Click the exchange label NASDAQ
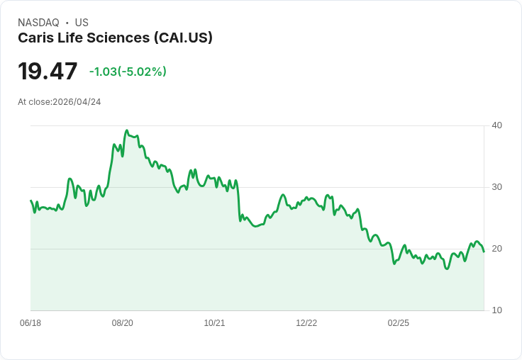[38, 23]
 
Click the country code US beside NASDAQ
[82, 23]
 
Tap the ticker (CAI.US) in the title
[183, 38]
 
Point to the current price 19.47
[48, 72]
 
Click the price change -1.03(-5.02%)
[128, 72]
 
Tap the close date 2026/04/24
[77, 102]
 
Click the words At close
[34, 102]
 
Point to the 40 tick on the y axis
[496, 125]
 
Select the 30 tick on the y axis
[496, 187]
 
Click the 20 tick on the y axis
[496, 249]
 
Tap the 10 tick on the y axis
[496, 310]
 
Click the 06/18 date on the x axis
[30, 323]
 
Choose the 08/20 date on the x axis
[123, 323]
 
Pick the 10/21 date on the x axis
[214, 323]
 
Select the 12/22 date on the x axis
[306, 323]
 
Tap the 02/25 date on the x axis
[399, 323]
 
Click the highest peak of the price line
[126, 130]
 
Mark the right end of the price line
[484, 252]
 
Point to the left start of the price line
[31, 201]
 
